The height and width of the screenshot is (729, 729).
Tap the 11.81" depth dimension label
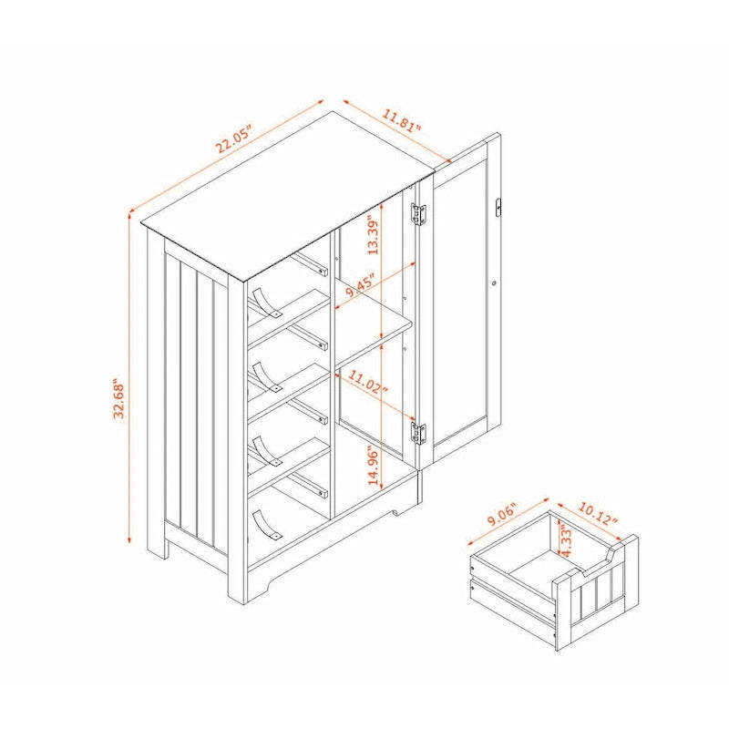tap(402, 120)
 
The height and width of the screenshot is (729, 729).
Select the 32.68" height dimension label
tap(119, 398)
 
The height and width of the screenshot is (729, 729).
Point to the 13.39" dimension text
tap(374, 234)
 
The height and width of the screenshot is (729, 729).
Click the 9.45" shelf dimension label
tap(360, 285)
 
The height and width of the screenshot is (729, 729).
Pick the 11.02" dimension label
tap(369, 382)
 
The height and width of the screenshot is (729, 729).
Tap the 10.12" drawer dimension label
tap(598, 514)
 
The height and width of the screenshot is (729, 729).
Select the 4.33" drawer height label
tap(565, 541)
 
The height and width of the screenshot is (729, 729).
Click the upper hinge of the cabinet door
tap(418, 215)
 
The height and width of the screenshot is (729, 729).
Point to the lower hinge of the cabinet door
tap(418, 432)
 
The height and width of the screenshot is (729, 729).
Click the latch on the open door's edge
tap(498, 207)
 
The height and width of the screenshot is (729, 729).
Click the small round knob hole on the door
tap(494, 282)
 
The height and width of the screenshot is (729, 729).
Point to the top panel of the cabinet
tap(288, 195)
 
